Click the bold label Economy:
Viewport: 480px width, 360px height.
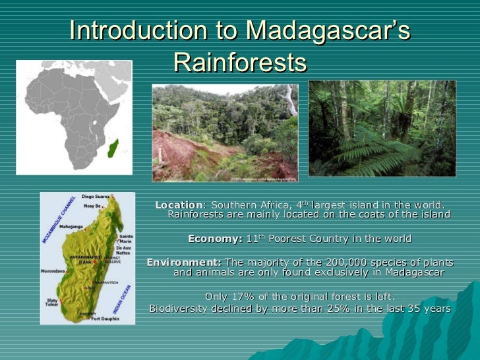coord(215,239)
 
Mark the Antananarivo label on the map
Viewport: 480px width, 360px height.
coord(77,256)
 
